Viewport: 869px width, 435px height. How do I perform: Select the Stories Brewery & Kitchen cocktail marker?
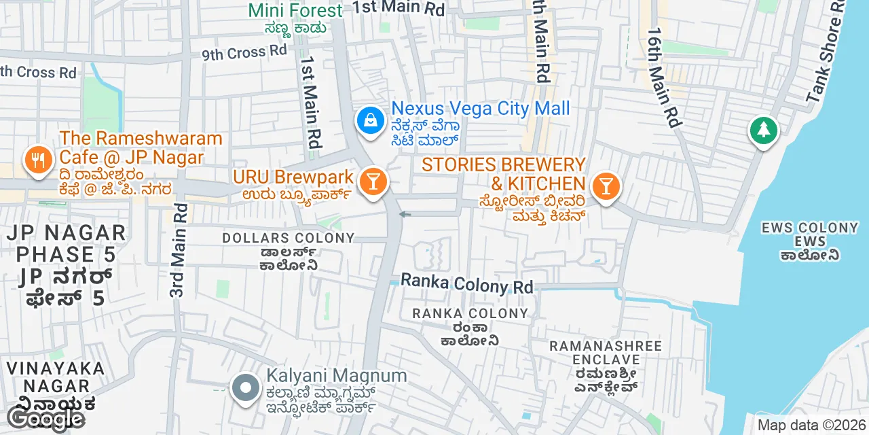[606, 186]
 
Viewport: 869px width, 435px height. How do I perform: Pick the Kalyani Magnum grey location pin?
[246, 388]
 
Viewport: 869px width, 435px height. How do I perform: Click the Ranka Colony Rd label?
[467, 283]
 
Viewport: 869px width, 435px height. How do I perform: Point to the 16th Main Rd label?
[664, 77]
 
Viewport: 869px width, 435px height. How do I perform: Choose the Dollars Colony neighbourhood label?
[289, 238]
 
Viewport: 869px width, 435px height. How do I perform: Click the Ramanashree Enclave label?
[606, 353]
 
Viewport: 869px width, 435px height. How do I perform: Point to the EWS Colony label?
[810, 228]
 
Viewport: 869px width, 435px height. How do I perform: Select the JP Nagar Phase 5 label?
[66, 254]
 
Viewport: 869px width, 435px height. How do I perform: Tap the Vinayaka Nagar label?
[56, 377]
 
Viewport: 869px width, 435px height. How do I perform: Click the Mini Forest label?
[295, 11]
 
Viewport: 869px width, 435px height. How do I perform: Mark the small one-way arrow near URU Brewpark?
[405, 215]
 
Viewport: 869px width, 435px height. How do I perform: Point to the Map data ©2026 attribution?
[811, 425]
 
